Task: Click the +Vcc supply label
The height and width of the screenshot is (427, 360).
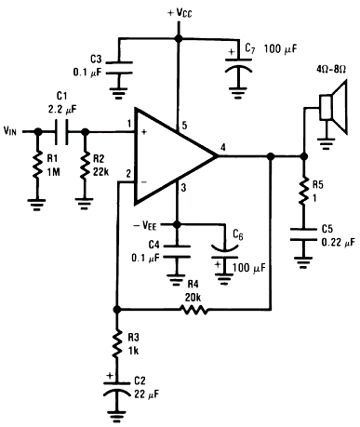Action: pos(180,13)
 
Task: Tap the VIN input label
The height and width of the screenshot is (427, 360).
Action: pos(10,131)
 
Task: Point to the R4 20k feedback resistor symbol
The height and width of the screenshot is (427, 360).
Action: pos(193,309)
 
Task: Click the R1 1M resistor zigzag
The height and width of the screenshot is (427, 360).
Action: pos(37,165)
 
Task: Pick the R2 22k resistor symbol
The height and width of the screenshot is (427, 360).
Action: pos(85,165)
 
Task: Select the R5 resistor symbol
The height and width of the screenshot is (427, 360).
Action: pos(304,191)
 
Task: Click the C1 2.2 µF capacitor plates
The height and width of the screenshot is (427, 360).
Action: pos(61,131)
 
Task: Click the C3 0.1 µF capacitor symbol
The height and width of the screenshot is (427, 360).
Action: pos(119,68)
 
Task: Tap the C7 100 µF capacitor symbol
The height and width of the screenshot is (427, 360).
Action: pos(238,64)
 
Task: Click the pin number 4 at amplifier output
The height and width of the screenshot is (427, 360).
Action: pos(223,148)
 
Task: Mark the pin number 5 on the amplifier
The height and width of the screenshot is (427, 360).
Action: pos(184,126)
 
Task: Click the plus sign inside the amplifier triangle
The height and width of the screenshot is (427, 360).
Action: pos(144,132)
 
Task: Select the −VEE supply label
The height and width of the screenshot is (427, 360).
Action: pos(145,225)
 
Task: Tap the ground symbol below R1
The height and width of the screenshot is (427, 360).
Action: pos(37,205)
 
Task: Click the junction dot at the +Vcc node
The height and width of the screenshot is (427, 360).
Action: pos(178,38)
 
